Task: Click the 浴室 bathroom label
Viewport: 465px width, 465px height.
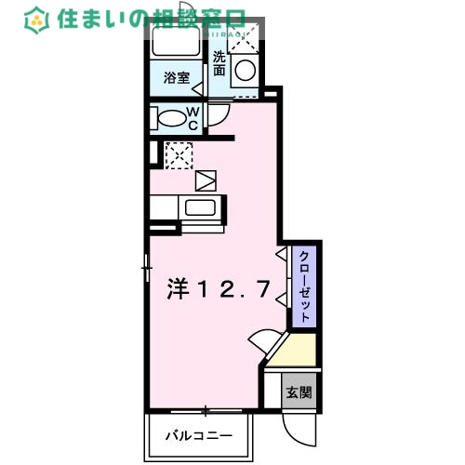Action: pos(177,78)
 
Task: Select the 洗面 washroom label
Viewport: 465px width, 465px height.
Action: pos(219,62)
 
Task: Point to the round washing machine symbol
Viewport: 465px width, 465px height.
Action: pos(246,69)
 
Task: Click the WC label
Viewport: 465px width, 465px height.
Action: pos(193,119)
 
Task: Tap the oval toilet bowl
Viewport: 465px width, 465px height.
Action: pos(170,119)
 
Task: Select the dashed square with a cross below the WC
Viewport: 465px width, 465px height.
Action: pos(178,154)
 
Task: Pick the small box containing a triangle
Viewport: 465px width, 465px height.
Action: pos(205,179)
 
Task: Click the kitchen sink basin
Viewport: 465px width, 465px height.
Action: pos(200,207)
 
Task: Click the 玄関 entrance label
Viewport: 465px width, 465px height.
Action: pos(299,392)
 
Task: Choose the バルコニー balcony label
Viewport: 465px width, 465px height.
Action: pos(198,434)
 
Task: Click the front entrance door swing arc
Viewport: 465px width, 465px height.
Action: pos(296,430)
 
